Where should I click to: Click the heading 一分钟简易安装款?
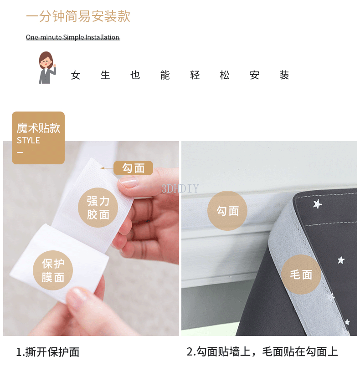78,16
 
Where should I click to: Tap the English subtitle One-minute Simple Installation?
72,37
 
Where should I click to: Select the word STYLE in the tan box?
28,140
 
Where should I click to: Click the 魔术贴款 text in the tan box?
38,128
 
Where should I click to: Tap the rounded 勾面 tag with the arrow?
133,168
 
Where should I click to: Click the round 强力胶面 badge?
98,208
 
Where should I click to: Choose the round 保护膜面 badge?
53,270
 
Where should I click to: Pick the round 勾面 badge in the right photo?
227,211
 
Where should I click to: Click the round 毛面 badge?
301,274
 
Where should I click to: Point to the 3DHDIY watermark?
180,188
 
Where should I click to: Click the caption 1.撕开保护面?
48,352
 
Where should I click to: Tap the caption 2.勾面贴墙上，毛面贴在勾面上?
262,352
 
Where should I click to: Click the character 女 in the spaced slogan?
75,75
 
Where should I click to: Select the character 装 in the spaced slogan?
284,75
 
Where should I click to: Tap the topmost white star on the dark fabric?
318,204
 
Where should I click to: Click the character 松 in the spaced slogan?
225,75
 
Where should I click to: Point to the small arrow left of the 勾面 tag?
107,168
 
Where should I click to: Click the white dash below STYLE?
20,152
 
